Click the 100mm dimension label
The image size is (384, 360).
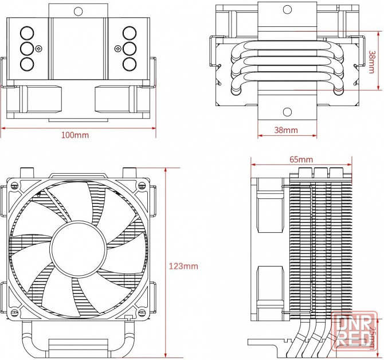pos(75,135)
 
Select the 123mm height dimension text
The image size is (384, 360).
pos(183,266)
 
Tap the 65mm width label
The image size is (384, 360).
pos(301,159)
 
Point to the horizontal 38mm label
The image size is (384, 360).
pos(286,130)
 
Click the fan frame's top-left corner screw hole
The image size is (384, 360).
pos(13,185)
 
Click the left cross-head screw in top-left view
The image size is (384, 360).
pos(39,48)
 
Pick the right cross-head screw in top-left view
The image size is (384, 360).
pos(117,48)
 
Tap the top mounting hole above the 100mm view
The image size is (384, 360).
pos(78,10)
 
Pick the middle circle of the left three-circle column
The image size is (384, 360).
pos(27,48)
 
